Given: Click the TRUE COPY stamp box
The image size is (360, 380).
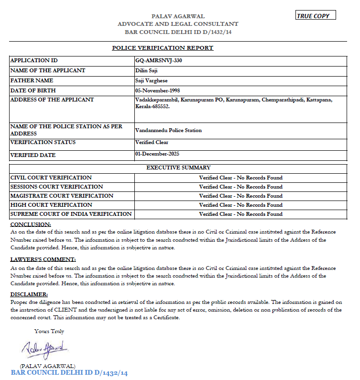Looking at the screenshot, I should (x=316, y=15).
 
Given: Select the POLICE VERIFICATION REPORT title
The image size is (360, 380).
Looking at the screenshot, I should (x=163, y=48).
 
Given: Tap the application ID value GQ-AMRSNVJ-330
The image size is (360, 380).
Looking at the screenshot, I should (x=159, y=61).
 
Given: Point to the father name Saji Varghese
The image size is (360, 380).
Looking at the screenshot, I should (x=152, y=80).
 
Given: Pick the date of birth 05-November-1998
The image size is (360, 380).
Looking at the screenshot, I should (x=157, y=90).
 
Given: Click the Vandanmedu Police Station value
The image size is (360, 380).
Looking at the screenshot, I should (x=168, y=130).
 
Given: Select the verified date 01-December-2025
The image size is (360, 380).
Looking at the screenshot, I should (x=157, y=154).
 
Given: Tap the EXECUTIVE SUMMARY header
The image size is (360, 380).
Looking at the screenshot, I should (x=178, y=168).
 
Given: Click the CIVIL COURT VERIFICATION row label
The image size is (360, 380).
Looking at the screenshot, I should (x=51, y=178).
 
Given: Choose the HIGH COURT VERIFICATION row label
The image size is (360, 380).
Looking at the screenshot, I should (x=51, y=205).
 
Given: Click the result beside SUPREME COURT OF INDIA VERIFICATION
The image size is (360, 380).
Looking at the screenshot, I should (x=240, y=214).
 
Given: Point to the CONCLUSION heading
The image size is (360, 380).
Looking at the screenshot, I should (x=31, y=224).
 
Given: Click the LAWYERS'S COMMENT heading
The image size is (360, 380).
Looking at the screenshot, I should (x=43, y=259).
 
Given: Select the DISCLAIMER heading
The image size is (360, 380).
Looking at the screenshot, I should (x=29, y=294).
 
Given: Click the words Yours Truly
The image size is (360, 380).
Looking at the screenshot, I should (x=49, y=331).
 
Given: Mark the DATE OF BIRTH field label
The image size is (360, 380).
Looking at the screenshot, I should (x=33, y=90).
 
